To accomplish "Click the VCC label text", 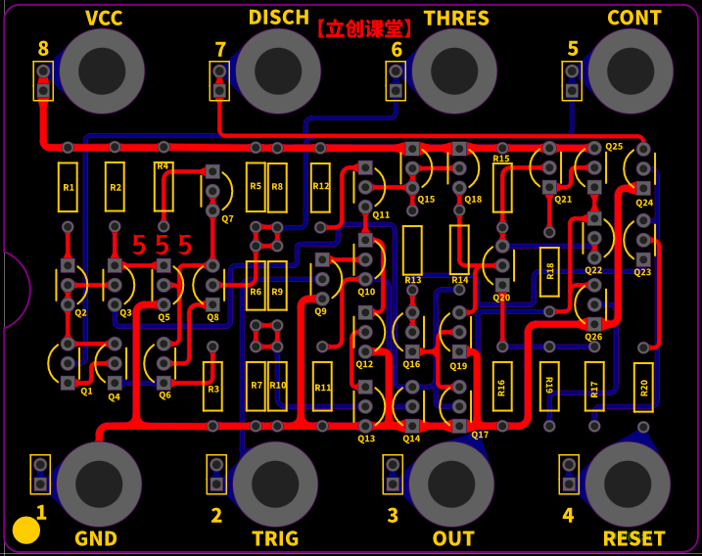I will [104, 19].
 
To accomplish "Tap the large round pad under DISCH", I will [278, 70].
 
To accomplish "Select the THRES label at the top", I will [456, 19].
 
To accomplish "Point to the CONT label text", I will [633, 19].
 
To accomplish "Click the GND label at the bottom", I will [96, 538].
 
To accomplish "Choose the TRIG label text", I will [275, 538].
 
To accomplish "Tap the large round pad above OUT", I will [451, 484].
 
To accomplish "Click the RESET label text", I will [633, 538].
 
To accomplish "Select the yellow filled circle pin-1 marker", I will [26, 531].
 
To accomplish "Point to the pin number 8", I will [42, 49].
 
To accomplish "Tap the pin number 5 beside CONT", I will [573, 49].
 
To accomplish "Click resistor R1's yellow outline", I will [68, 187].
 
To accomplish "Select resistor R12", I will [321, 187].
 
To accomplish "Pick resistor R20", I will [643, 388].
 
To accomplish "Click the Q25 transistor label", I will [614, 147].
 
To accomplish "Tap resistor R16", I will [501, 388].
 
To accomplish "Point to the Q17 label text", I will [480, 435].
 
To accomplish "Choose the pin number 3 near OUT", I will [393, 515].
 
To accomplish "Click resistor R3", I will [212, 388].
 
